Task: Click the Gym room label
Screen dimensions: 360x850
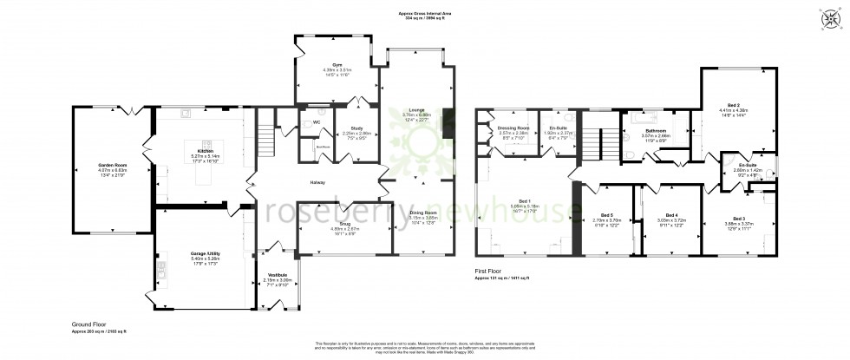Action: point(328,64)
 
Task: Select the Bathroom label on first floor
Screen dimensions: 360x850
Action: point(655,130)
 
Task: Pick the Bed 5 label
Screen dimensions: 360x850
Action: point(607,215)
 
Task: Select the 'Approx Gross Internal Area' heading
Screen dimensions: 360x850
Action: point(424,14)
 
